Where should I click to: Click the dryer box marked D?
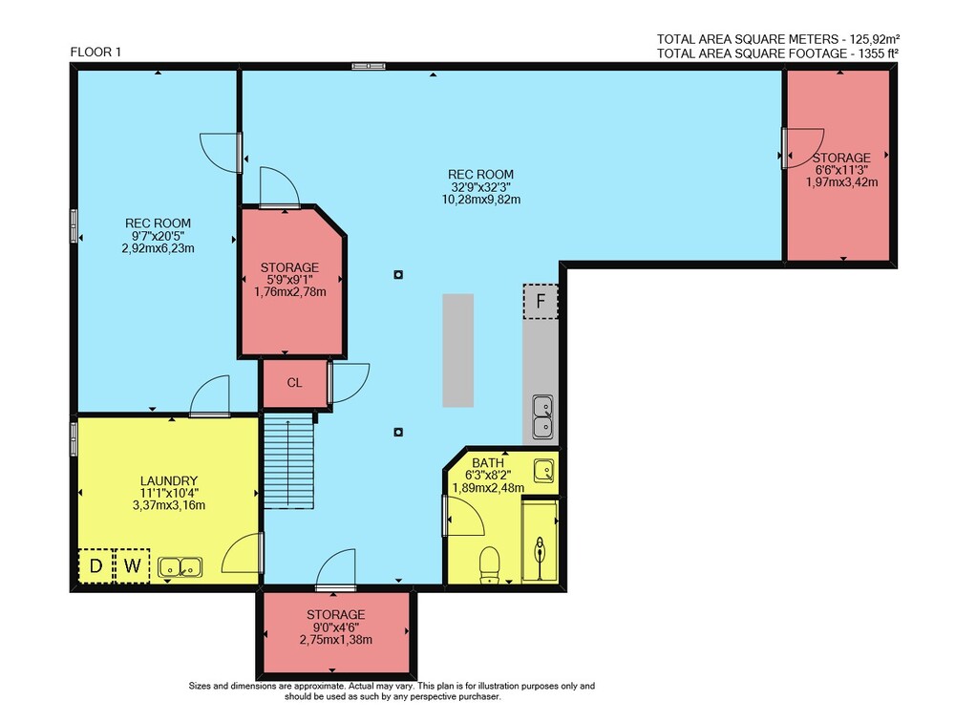pyautogui.click(x=95, y=566)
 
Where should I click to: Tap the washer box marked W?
pyautogui.click(x=132, y=566)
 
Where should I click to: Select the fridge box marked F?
pyautogui.click(x=541, y=301)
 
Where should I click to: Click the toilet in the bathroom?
pyautogui.click(x=490, y=564)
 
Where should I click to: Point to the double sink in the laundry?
pyautogui.click(x=180, y=567)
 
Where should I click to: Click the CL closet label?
pyautogui.click(x=294, y=383)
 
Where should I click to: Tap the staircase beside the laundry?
pyautogui.click(x=288, y=460)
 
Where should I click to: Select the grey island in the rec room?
pyautogui.click(x=458, y=350)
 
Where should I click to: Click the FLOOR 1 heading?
pyautogui.click(x=95, y=52)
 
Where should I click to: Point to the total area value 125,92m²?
pyautogui.click(x=870, y=39)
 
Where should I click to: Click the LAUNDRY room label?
pyautogui.click(x=169, y=480)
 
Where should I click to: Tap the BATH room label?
pyautogui.click(x=488, y=463)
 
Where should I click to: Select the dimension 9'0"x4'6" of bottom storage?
pyautogui.click(x=335, y=626)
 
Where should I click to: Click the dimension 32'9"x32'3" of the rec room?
pyautogui.click(x=480, y=187)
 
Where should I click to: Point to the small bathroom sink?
pyautogui.click(x=544, y=471)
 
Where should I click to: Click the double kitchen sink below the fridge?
pyautogui.click(x=542, y=416)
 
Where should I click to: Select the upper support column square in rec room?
pyautogui.click(x=398, y=275)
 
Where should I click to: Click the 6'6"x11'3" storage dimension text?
pyautogui.click(x=841, y=170)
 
